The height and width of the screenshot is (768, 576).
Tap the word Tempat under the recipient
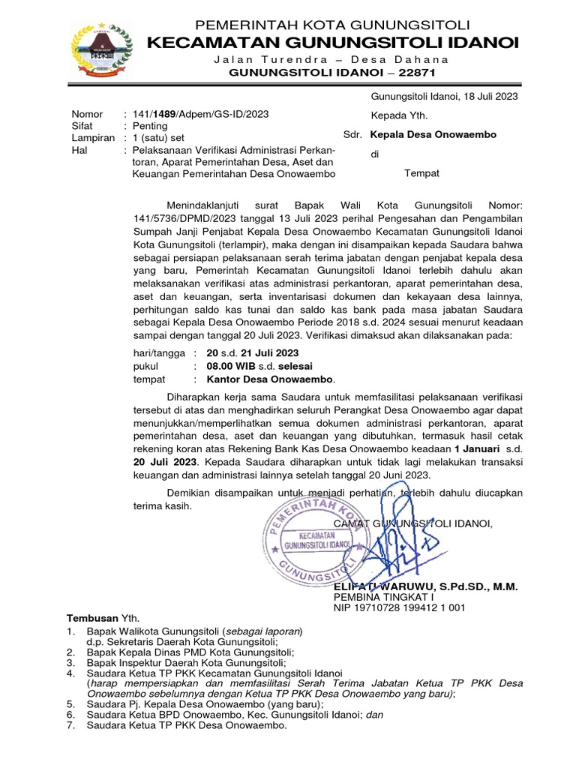coord(421,173)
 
